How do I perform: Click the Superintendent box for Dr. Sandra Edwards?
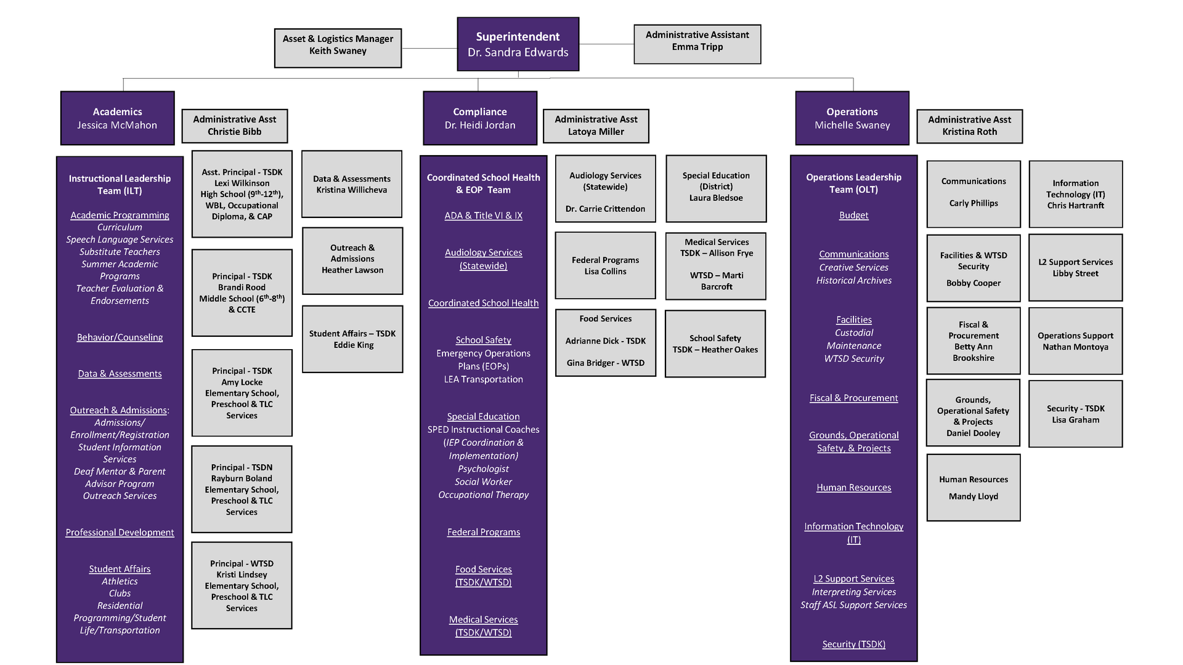518,44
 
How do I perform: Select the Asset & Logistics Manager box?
338,48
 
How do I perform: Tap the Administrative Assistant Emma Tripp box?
697,44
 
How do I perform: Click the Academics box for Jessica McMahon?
117,118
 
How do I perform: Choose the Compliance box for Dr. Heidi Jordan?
480,118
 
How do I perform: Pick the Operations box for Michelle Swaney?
852,118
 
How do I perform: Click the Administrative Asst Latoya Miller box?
596,126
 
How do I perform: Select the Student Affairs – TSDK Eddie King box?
352,339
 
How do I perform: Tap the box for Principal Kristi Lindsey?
242,586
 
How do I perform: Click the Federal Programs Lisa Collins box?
605,265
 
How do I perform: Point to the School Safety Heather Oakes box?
715,344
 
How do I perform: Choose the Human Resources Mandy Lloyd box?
973,488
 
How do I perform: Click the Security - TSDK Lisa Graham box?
1075,414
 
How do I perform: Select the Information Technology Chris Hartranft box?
1075,194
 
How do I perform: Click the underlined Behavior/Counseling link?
120,337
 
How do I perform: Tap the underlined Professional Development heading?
120,533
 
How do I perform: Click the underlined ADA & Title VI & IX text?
483,216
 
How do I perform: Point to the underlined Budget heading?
853,216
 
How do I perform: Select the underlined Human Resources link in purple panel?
853,488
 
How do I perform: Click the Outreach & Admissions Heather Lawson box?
352,259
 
